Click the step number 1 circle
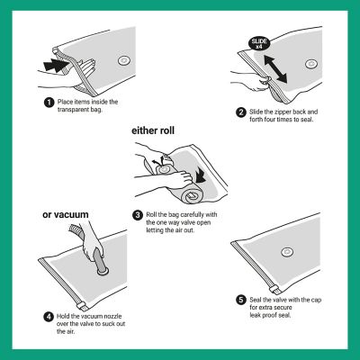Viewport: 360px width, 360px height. click(49, 103)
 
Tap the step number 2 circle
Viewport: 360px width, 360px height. click(241, 112)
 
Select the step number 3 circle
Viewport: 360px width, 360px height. click(138, 215)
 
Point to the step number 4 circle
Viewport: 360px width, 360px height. click(49, 317)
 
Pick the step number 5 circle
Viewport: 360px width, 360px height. click(241, 300)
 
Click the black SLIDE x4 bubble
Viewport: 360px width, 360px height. click(259, 44)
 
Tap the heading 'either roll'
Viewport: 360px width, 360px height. click(153, 130)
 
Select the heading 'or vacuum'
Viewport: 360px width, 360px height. click(66, 215)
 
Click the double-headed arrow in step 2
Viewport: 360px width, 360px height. click(275, 69)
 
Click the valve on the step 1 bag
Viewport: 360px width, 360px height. click(123, 61)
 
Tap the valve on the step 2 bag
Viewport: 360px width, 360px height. click(311, 64)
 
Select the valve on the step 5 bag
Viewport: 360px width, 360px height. click(287, 252)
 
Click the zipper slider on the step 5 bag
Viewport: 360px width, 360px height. click(274, 290)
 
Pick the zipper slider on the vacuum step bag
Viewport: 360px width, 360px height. click(82, 307)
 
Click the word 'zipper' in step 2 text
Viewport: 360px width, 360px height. click(281, 112)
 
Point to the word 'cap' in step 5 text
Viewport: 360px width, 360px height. click(316, 300)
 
